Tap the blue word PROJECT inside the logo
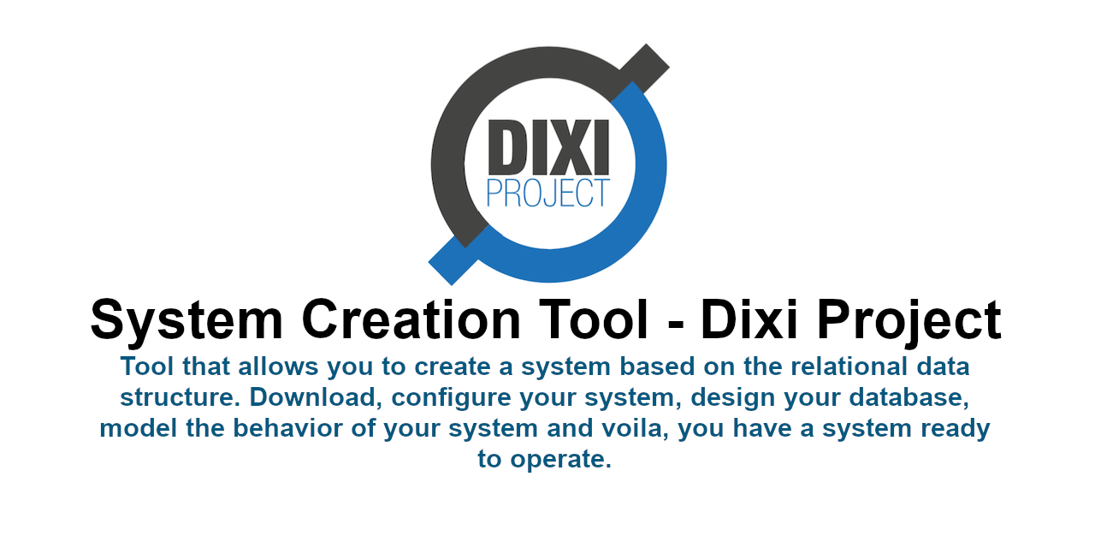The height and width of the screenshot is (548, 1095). pyautogui.click(x=548, y=193)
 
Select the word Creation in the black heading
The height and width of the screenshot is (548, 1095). pyautogui.click(x=412, y=320)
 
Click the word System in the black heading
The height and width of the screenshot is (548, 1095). pyautogui.click(x=186, y=320)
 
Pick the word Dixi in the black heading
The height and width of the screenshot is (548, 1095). pyautogui.click(x=749, y=320)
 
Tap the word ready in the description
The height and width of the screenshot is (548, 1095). pyautogui.click(x=956, y=429)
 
